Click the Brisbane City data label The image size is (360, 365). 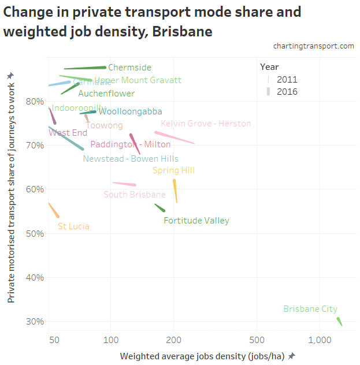[x=310, y=309]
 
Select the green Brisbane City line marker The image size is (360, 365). [x=340, y=322]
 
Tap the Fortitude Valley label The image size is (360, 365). [x=196, y=221]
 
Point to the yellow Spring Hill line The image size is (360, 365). [x=175, y=191]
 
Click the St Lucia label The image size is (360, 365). [x=73, y=226]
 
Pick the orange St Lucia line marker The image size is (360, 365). [x=54, y=210]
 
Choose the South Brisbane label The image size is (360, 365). [x=135, y=195]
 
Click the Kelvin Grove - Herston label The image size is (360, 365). [x=206, y=124]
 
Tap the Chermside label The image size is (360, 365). [x=129, y=68]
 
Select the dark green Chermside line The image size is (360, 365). [x=87, y=68]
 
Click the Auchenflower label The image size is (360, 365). [x=106, y=94]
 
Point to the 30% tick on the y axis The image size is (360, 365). [x=36, y=322]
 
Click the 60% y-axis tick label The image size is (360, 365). [x=36, y=189]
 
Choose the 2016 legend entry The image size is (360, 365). [x=287, y=91]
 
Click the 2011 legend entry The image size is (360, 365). [x=287, y=79]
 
